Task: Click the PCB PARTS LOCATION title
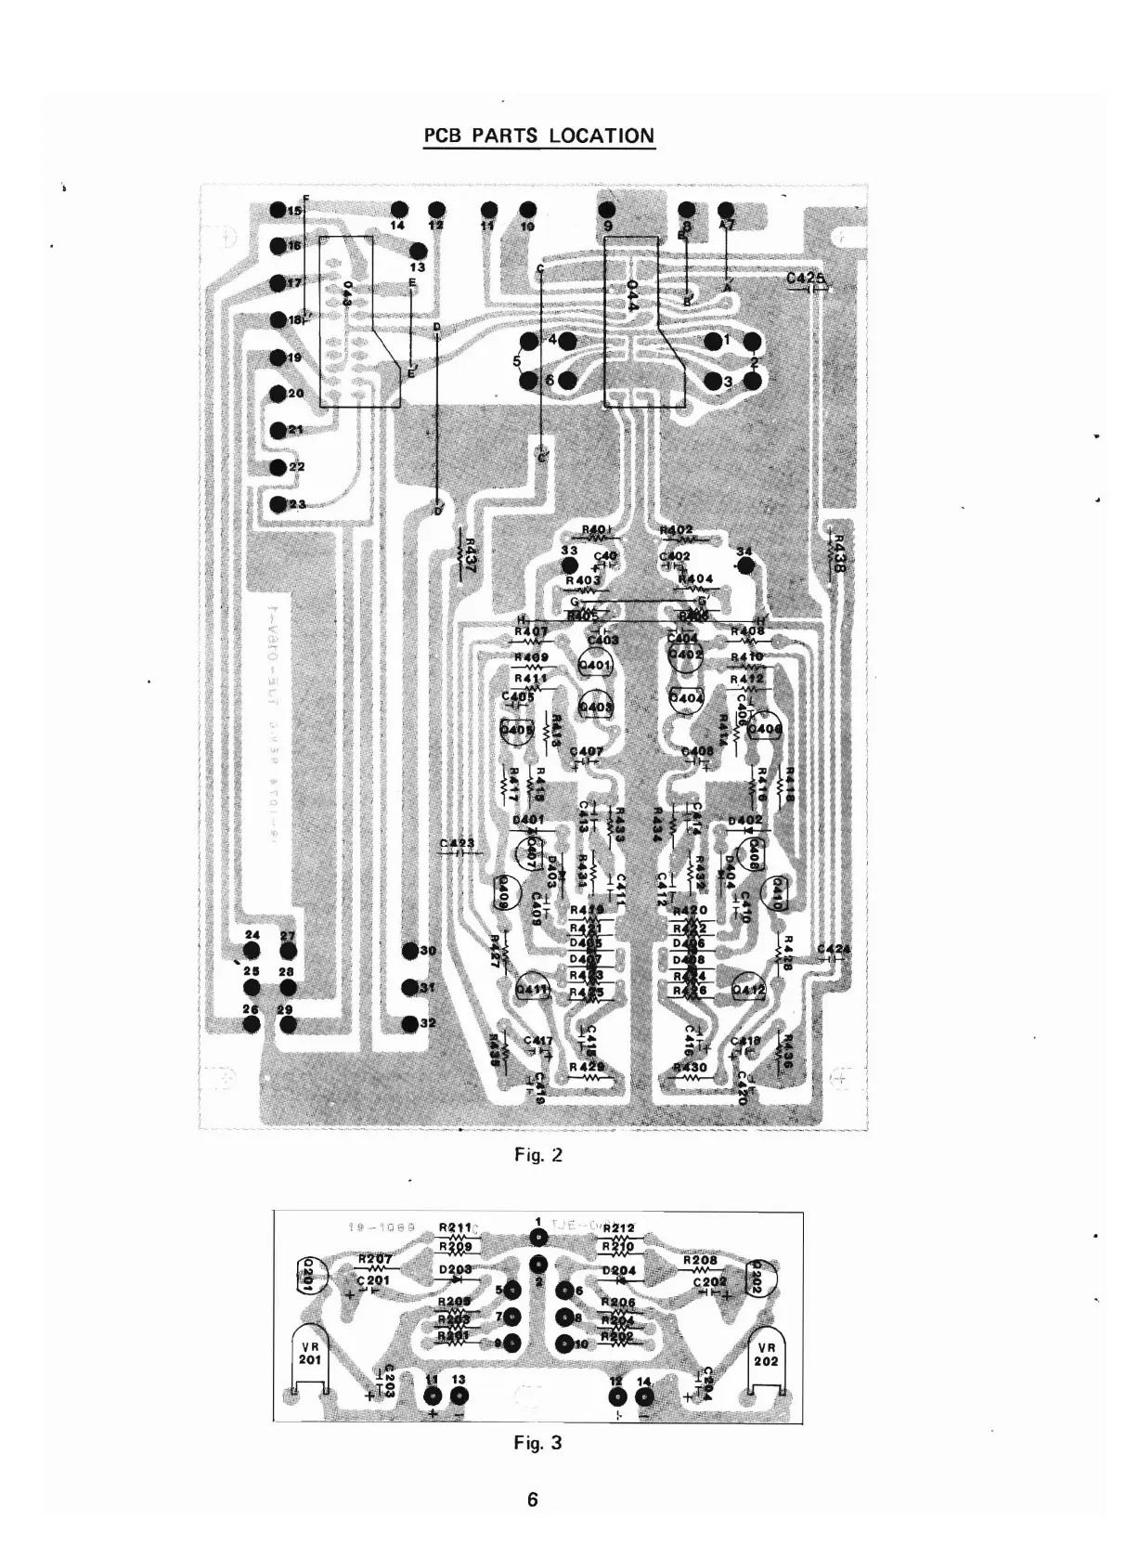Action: point(538,136)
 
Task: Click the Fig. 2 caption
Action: point(538,1156)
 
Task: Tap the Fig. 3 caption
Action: point(538,1443)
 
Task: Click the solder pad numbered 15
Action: point(277,211)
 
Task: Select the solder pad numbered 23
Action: point(278,504)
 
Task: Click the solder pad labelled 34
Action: point(744,565)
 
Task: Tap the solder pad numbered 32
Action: point(409,1022)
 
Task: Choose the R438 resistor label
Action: point(837,553)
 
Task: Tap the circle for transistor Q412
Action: point(748,991)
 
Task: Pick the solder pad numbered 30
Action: point(409,951)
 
